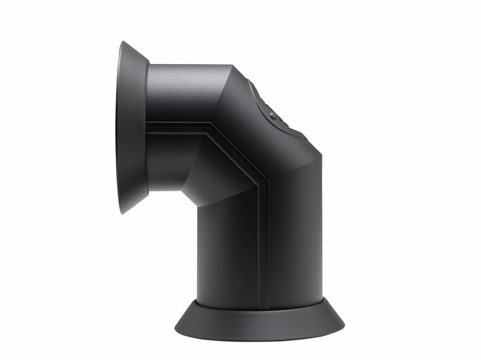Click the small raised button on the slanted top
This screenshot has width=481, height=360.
click(x=272, y=114)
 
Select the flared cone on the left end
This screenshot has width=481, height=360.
click(x=132, y=126)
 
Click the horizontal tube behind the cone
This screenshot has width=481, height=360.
click(x=185, y=92)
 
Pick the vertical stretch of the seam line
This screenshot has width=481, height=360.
click(x=263, y=246)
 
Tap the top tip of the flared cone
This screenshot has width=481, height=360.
click(x=121, y=42)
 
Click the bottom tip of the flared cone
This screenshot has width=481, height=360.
click(x=122, y=212)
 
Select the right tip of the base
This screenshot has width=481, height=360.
click(x=344, y=323)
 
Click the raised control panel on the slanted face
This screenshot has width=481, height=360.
click(x=274, y=111)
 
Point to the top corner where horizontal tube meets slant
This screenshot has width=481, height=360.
click(x=232, y=65)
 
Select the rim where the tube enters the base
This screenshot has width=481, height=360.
click(x=259, y=303)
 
